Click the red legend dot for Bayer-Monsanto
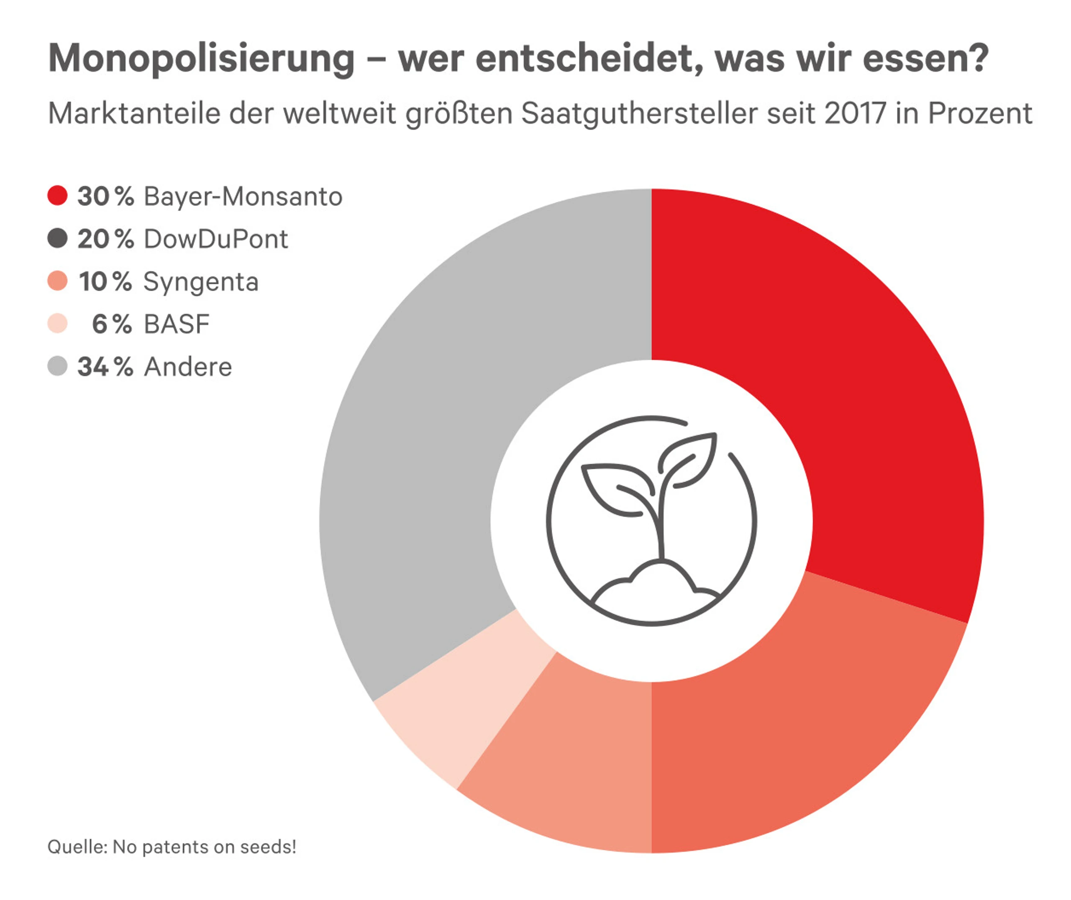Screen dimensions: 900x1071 (58, 196)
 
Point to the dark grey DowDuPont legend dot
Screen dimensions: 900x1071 (58, 238)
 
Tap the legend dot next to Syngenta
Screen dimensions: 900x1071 (58, 281)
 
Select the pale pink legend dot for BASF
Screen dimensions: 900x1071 (58, 323)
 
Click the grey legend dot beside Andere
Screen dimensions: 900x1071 (58, 366)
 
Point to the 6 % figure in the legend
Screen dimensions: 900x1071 (112, 324)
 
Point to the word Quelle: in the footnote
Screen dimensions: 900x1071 (77, 847)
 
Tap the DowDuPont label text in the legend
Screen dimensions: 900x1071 (216, 239)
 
